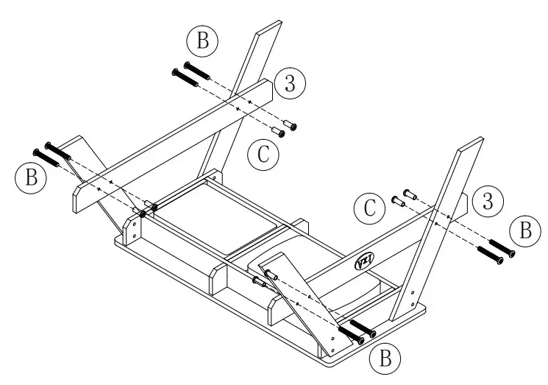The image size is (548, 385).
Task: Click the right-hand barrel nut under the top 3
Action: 291,127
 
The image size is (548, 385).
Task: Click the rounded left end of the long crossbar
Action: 78,198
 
